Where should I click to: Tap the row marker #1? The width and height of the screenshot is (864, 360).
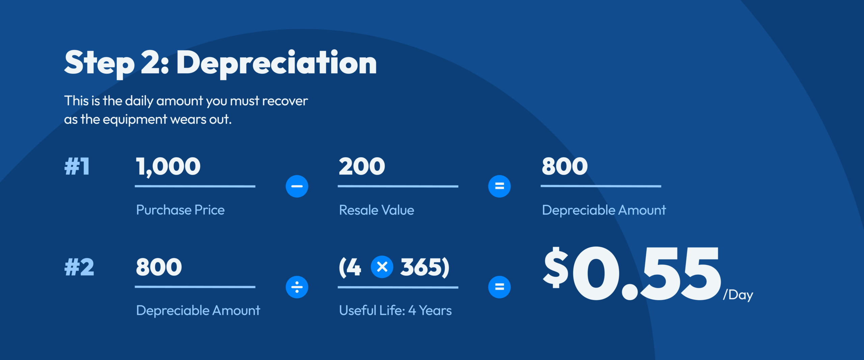(77, 166)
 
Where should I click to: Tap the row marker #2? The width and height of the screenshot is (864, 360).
(79, 267)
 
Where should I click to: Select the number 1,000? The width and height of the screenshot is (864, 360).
(168, 166)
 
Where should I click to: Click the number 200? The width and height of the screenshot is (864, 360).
(362, 166)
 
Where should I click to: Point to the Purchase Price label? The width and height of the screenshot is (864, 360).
(180, 210)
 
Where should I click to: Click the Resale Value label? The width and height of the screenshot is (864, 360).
(376, 210)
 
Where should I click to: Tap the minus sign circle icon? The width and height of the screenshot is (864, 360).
(297, 186)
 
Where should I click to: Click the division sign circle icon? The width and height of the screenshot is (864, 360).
(297, 287)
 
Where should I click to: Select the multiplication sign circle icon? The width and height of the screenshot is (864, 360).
(382, 267)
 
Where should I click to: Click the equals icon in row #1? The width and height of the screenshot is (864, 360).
(500, 186)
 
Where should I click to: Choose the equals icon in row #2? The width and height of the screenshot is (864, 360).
(500, 287)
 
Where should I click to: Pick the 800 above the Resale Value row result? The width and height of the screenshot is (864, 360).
(565, 166)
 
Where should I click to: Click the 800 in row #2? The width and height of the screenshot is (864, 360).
(159, 267)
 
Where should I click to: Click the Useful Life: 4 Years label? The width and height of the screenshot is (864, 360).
(395, 310)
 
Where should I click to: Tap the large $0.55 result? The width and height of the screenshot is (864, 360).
(631, 273)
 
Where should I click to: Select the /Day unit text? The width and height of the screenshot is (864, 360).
(738, 295)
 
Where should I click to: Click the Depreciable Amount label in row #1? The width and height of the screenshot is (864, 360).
(604, 210)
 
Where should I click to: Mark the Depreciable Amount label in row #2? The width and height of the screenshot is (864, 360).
(198, 310)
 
